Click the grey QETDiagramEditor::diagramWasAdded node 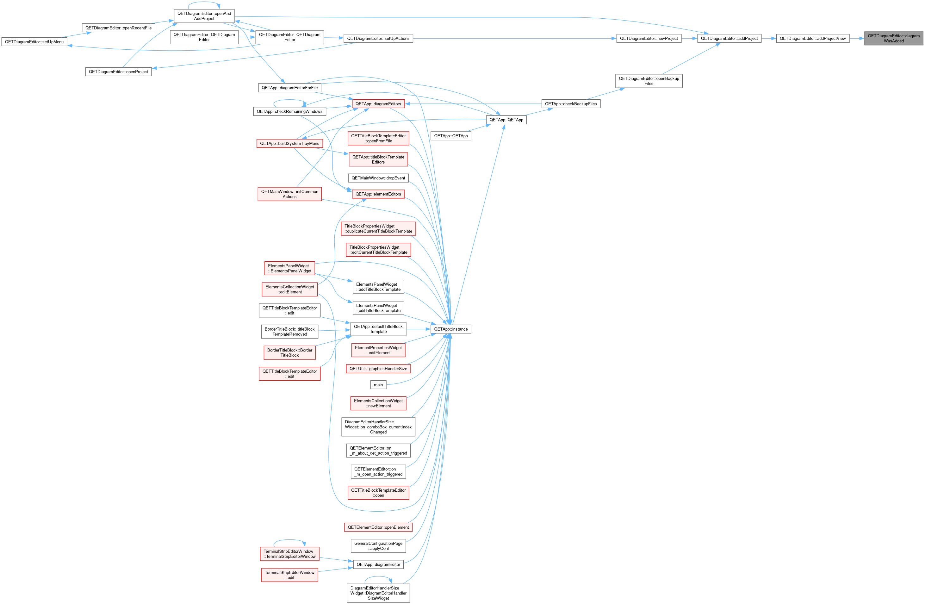(893, 39)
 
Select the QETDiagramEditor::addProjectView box (813, 39)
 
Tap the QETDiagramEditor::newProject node (649, 39)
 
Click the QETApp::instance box (451, 329)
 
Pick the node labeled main (378, 385)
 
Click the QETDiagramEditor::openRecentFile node (119, 28)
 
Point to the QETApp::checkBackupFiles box (571, 104)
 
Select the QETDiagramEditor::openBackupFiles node (649, 81)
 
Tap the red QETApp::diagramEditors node (378, 104)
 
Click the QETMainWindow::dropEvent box (378, 178)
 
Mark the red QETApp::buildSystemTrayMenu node (289, 143)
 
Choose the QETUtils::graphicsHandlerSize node (378, 369)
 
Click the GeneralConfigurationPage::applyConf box (378, 546)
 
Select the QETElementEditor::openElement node (378, 527)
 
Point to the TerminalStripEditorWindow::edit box (289, 575)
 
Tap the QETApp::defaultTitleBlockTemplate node (378, 329)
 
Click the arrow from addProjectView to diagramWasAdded (857, 39)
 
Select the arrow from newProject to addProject (689, 39)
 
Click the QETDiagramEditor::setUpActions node (378, 39)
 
